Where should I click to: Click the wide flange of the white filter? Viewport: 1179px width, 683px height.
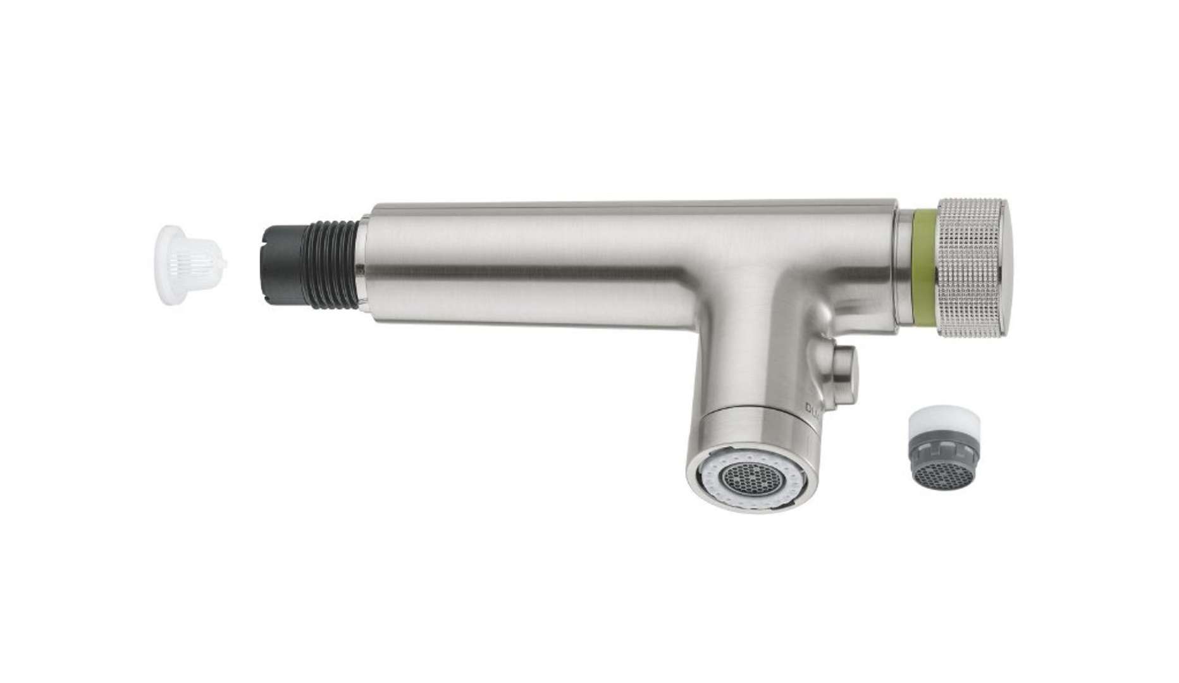click(x=166, y=265)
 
